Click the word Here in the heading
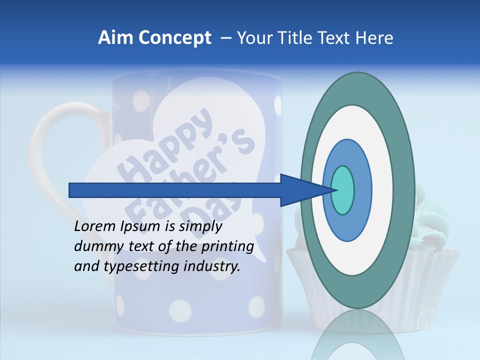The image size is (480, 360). [x=374, y=38]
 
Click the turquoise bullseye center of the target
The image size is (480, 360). [x=342, y=190]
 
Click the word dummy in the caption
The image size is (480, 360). [x=95, y=246]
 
